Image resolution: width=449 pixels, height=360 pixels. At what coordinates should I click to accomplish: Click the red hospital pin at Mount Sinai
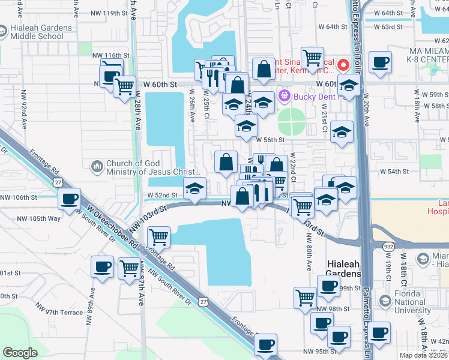343,64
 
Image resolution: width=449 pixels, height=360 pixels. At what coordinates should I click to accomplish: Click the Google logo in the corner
20,353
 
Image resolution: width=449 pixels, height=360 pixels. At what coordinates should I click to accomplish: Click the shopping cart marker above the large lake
158,236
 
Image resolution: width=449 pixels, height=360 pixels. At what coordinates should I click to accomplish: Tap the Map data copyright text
424,355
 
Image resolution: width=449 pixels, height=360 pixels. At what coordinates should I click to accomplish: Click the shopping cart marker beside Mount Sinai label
313,58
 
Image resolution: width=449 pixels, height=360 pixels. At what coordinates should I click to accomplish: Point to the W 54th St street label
398,172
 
